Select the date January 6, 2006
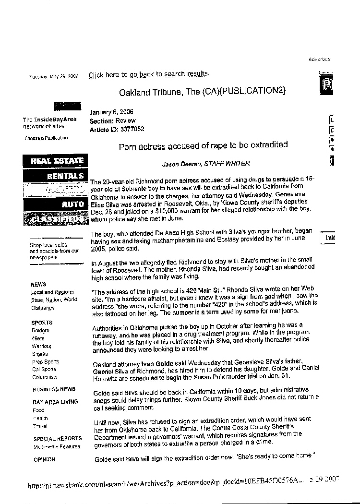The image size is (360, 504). [x=111, y=112]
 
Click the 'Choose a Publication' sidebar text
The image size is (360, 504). [x=46, y=138]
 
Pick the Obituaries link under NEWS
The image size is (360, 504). [x=43, y=308]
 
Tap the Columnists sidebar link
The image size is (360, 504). [x=45, y=377]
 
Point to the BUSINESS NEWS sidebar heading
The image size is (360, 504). [x=54, y=389]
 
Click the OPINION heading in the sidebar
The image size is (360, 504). [x=44, y=459]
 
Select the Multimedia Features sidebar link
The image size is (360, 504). [x=57, y=447]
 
